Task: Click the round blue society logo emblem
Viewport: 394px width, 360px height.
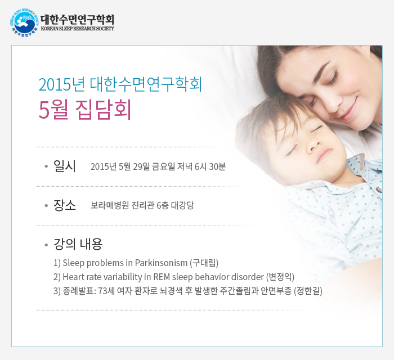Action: pos(24,22)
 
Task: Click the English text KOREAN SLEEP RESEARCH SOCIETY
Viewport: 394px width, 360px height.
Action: pos(78,28)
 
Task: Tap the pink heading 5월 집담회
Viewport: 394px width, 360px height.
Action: pos(85,110)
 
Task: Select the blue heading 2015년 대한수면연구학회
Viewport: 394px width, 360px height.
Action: pos(120,84)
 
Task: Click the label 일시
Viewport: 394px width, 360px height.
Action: pos(64,166)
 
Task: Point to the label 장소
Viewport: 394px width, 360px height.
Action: pos(64,205)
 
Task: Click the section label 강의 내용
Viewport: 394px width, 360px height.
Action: pos(78,244)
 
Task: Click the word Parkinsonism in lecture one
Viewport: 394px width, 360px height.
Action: pos(161,263)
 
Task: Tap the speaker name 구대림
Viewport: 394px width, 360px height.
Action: pos(204,263)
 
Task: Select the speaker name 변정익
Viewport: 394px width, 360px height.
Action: pos(280,277)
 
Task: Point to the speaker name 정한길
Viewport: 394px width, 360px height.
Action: pos(308,291)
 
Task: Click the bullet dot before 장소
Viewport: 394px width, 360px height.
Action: pos(46,206)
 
